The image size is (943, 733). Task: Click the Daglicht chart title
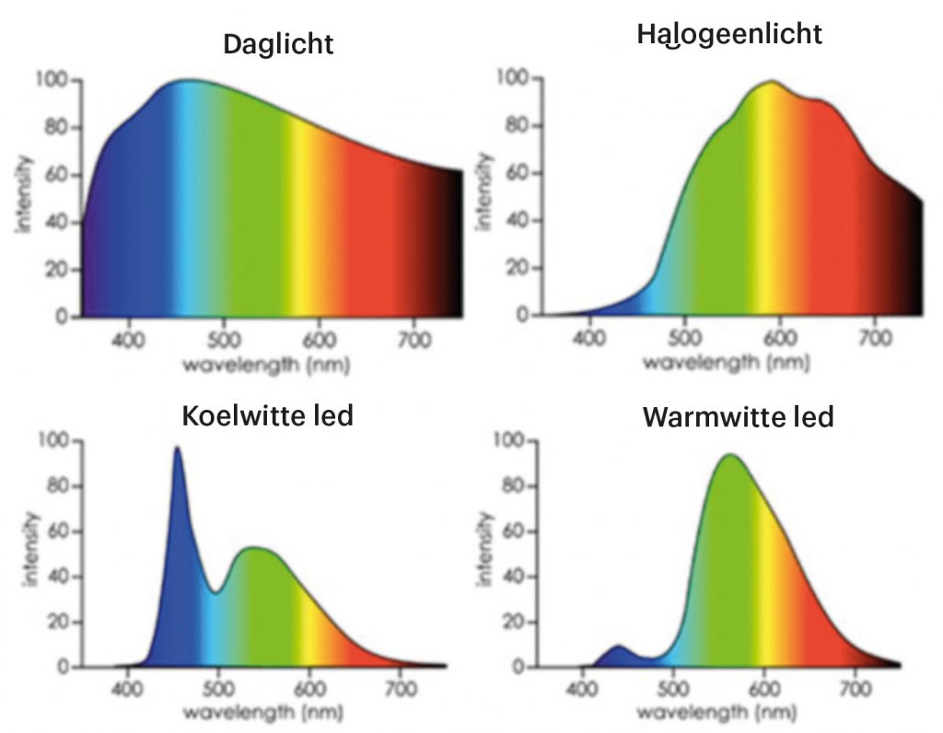pyautogui.click(x=278, y=43)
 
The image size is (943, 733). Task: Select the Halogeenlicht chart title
pyautogui.click(x=728, y=36)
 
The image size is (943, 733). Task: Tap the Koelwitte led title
pyautogui.click(x=268, y=415)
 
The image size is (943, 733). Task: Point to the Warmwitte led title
pyautogui.click(x=738, y=416)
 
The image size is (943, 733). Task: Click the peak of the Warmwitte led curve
pyautogui.click(x=730, y=455)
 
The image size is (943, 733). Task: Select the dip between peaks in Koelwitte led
pyautogui.click(x=215, y=593)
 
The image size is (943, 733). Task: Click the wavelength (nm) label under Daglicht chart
pyautogui.click(x=266, y=365)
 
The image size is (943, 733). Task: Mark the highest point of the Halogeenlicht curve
pyautogui.click(x=771, y=81)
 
